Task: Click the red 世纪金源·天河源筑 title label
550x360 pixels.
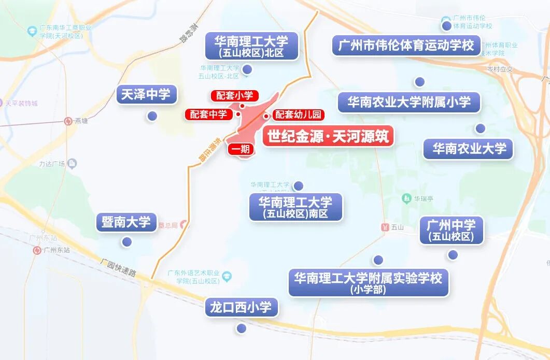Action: (x=328, y=136)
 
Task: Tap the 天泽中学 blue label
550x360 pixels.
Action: (x=146, y=94)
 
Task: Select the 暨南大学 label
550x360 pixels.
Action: (x=126, y=222)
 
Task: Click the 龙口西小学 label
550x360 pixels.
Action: (x=241, y=307)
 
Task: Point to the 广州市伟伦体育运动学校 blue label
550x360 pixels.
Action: (x=406, y=46)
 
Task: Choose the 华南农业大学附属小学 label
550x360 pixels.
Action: (x=409, y=102)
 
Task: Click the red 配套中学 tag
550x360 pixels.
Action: (x=208, y=114)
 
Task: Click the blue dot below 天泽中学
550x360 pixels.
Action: (x=152, y=117)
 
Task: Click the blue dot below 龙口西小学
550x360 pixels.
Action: (x=241, y=328)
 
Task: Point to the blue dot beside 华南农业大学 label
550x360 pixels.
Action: (x=480, y=128)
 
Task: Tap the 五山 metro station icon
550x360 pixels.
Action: (x=385, y=227)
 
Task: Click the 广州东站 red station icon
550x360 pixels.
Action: (x=37, y=250)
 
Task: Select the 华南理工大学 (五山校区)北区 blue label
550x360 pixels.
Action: (x=252, y=46)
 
